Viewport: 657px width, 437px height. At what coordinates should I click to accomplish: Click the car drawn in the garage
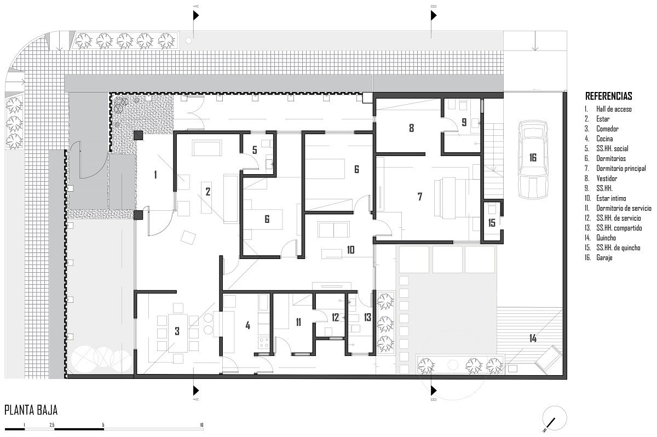point(533,159)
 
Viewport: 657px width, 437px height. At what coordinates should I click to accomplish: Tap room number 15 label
point(492,223)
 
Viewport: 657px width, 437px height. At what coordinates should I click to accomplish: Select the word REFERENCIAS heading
point(609,96)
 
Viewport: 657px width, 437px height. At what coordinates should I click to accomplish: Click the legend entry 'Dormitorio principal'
point(621,168)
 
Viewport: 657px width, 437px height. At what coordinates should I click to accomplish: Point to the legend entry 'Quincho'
point(606,238)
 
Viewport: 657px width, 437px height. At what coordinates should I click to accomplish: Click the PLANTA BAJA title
point(31,410)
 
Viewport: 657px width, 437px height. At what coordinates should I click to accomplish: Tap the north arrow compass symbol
point(554,418)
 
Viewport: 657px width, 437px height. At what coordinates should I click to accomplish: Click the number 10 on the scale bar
point(201,425)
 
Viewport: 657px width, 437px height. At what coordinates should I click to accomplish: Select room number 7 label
point(420,197)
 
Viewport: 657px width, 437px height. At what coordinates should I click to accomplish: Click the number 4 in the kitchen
point(248,325)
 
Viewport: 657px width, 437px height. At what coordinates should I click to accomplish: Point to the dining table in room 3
point(177,333)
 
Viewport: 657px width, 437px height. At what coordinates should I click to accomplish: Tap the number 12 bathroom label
point(335,317)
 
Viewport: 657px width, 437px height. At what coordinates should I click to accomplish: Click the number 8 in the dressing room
point(412,128)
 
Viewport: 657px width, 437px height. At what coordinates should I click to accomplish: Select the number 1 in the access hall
point(155,175)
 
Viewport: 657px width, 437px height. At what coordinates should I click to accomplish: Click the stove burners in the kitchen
point(263,342)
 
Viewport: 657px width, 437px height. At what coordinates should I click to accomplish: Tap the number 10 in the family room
point(350,250)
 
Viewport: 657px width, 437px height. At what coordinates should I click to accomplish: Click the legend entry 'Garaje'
point(604,257)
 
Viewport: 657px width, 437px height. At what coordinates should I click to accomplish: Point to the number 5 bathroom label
point(255,150)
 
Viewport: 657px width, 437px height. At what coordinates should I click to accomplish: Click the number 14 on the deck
point(533,338)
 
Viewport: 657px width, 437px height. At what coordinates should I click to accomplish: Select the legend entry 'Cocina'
point(604,139)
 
